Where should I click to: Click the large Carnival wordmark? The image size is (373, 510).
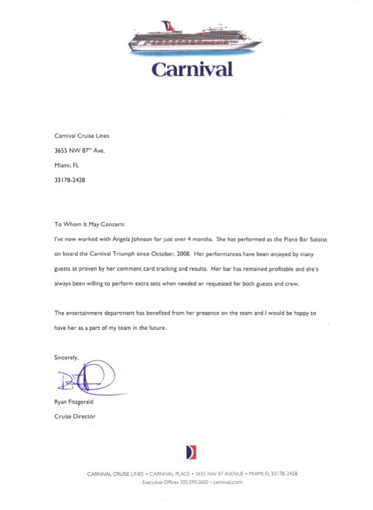[x=192, y=69]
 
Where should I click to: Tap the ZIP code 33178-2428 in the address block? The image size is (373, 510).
[x=69, y=179]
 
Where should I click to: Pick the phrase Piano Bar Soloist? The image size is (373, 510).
[x=290, y=238]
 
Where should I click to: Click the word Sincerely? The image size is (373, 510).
[x=67, y=357]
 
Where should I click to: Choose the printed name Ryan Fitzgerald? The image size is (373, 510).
[x=75, y=402]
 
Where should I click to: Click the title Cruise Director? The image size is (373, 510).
[x=75, y=416]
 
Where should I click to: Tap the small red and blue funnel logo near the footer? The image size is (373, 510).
[x=191, y=452]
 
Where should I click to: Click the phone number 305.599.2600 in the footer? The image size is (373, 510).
[x=189, y=482]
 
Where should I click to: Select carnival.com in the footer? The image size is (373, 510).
[x=228, y=482]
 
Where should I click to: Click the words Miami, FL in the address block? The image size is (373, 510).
[x=66, y=165]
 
